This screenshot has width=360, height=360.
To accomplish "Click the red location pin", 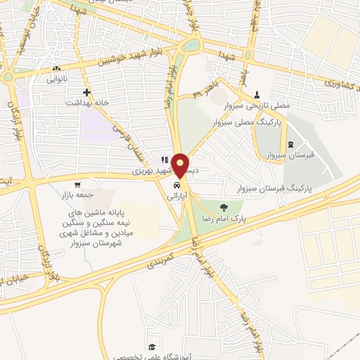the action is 181,165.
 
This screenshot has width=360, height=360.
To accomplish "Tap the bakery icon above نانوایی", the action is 57,69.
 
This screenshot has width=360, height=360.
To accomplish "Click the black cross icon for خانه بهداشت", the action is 86,92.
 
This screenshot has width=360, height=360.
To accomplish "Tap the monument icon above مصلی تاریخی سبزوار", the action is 256,94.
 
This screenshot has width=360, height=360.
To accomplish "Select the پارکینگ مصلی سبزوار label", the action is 250,121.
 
